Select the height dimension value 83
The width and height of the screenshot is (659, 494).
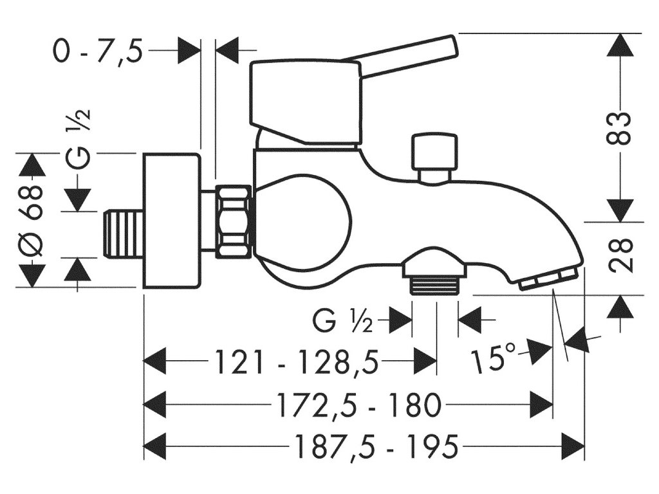620,129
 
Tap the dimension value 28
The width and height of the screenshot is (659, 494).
620,255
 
